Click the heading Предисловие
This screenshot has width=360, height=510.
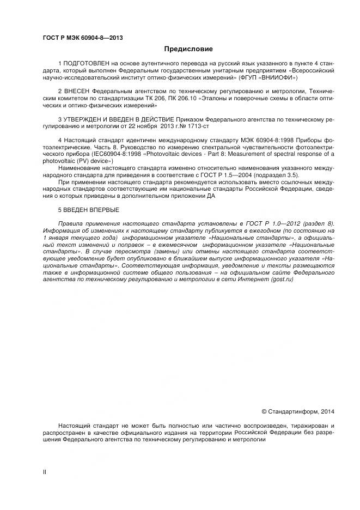[180, 49]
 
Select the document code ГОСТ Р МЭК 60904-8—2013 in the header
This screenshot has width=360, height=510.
[82, 37]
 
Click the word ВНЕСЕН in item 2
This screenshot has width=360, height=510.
[76, 90]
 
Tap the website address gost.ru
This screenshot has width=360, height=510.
[282, 278]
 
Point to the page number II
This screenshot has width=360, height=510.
[45, 472]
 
